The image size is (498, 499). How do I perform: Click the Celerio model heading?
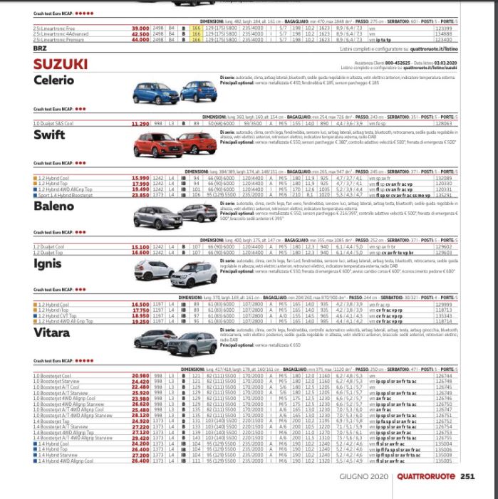53,80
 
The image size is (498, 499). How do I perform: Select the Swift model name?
48,135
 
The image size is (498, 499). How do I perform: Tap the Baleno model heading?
52,206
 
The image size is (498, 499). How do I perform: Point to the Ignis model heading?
47,263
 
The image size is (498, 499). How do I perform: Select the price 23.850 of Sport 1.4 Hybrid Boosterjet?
140,194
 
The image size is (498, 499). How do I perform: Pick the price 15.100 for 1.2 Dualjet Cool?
140,246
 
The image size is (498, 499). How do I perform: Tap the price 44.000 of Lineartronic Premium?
140,41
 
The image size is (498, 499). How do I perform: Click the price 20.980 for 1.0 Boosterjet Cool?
140,374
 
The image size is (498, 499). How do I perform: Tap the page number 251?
467,477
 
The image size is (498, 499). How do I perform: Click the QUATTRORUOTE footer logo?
427,477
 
